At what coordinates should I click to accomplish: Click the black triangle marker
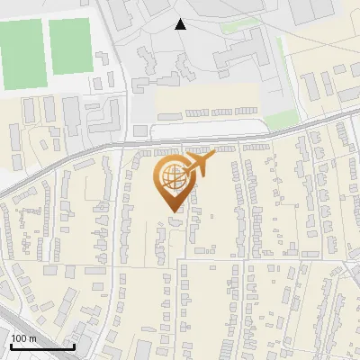pos(180,24)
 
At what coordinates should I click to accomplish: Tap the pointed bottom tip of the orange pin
pos(171,211)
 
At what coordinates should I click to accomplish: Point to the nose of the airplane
pos(213,157)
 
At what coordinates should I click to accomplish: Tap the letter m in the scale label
pos(32,338)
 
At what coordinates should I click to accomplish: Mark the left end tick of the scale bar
pos(10,346)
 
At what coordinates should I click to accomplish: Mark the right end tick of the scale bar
pos(74,346)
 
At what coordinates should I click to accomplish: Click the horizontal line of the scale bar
pos(41,347)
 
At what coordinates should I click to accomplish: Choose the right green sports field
pos(69,46)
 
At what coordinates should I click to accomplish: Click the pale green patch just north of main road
pos(281,120)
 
